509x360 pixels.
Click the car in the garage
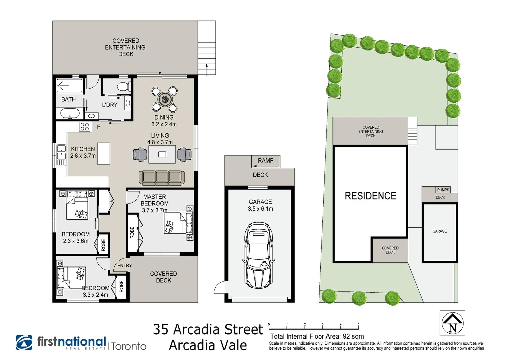click(258, 255)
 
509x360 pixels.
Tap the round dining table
click(165, 99)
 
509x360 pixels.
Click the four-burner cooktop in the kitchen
click(85, 127)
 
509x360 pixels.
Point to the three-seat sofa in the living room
click(162, 178)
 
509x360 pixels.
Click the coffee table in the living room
click(162, 154)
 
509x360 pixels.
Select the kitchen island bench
click(104, 153)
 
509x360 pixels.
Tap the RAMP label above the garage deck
click(266, 160)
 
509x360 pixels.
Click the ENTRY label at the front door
click(125, 265)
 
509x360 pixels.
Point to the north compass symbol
click(452, 323)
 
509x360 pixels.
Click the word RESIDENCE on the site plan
click(370, 196)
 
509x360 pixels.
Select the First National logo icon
click(24, 343)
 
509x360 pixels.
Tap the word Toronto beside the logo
click(129, 346)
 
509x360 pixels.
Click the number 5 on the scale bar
click(358, 324)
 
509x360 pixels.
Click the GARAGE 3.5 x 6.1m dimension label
click(260, 205)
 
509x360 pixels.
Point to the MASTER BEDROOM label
click(155, 200)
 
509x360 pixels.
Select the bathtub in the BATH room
click(70, 113)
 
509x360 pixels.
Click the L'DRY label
click(110, 105)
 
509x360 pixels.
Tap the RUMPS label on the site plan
click(443, 190)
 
